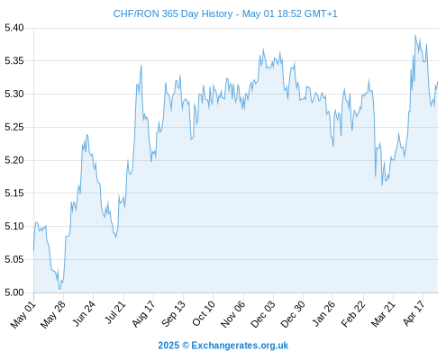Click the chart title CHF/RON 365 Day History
click(173, 13)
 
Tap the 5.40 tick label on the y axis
click(14, 28)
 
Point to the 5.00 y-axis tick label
click(14, 292)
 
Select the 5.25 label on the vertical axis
click(14, 127)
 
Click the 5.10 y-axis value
click(14, 226)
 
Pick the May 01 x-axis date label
click(23, 315)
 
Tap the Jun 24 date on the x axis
click(84, 313)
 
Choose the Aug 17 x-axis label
click(143, 314)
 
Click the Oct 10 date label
click(204, 313)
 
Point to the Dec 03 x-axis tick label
click(263, 314)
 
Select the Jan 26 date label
click(323, 314)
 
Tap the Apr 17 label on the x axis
click(414, 313)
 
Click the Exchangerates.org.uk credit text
click(240, 346)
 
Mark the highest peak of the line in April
click(415, 36)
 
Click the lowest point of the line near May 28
click(59, 289)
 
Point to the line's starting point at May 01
click(33, 250)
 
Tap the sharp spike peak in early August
click(141, 66)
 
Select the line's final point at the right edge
click(438, 82)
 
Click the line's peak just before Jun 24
click(87, 135)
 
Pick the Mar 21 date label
click(383, 314)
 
